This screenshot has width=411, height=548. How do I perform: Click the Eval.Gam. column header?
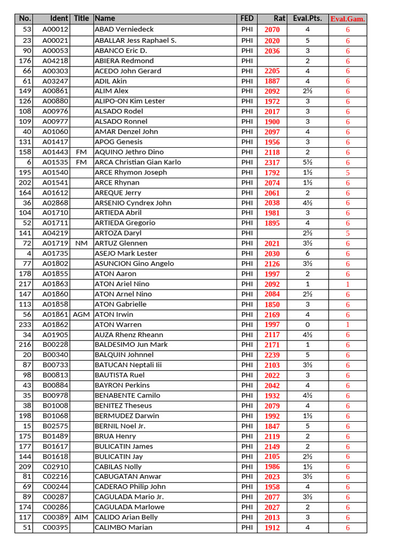click(x=347, y=19)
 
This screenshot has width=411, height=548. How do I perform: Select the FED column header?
click(x=247, y=18)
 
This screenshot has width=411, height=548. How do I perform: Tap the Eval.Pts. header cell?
click(x=307, y=18)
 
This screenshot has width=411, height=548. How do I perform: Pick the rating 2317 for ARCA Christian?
click(x=272, y=162)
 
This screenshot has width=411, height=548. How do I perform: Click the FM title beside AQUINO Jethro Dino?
click(x=81, y=152)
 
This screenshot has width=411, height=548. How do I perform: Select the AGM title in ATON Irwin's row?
click(x=81, y=314)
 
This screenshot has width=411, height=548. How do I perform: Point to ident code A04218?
click(x=55, y=60)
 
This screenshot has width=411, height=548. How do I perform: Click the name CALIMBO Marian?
click(x=123, y=527)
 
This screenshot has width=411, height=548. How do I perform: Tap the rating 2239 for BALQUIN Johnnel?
click(x=272, y=355)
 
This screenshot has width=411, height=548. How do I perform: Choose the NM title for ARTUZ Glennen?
click(x=81, y=243)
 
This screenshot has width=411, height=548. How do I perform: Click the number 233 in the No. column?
click(x=26, y=324)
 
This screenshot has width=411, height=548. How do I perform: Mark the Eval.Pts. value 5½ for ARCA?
click(x=307, y=162)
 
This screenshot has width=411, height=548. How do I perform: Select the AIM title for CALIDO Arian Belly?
click(x=81, y=517)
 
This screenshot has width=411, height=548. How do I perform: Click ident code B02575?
click(x=55, y=426)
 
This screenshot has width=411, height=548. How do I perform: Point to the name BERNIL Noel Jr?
click(x=120, y=426)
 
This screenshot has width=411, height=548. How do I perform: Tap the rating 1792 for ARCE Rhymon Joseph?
click(x=272, y=172)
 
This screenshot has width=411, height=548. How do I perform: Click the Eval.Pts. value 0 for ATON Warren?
click(x=307, y=324)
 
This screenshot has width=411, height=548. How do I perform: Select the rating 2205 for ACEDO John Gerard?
click(x=272, y=71)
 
